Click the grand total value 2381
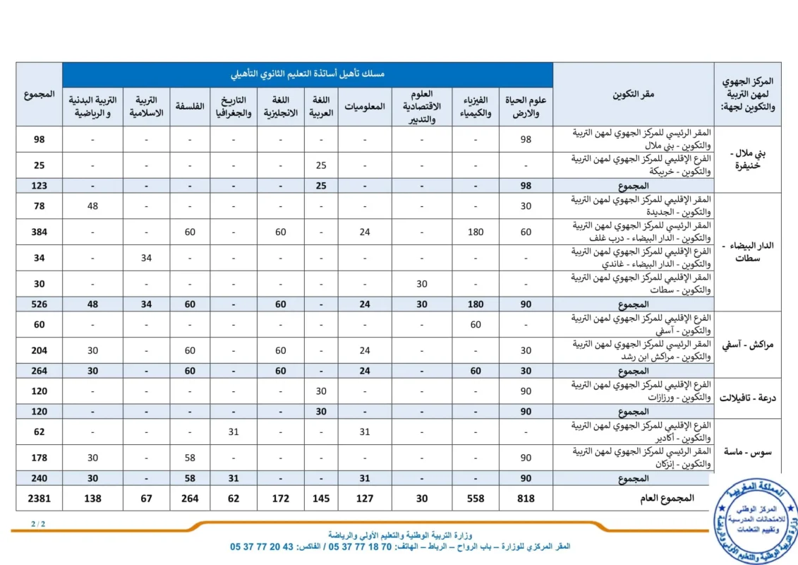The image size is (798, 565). tap(39, 499)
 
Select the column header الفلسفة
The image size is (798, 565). tap(190, 107)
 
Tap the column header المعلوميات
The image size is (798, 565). tap(365, 107)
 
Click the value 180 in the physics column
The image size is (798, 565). tap(476, 232)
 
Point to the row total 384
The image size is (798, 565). tap(39, 232)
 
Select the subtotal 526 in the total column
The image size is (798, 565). tap(39, 304)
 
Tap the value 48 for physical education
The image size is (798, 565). tap(93, 206)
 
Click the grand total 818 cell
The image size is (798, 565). tap(526, 499)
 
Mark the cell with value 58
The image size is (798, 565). tap(190, 458)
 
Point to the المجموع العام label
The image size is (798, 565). tap(669, 499)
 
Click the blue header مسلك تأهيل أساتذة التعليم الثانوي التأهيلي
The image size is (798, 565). tap(308, 74)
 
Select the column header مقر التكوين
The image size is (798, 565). tap(633, 95)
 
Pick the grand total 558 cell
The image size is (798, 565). tap(476, 499)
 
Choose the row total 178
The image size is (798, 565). tap(39, 458)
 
